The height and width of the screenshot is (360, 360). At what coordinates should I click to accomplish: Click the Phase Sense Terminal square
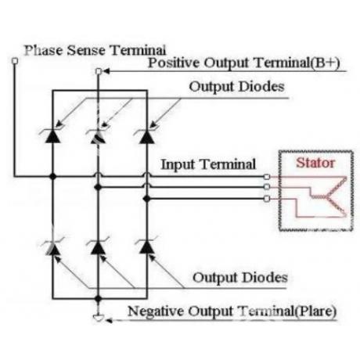(15, 61)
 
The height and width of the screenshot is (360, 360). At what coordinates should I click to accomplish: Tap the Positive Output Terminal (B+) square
(99, 71)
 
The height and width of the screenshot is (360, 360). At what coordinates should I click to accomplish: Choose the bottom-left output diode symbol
(52, 247)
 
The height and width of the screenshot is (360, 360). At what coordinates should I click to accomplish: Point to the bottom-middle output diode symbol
(98, 247)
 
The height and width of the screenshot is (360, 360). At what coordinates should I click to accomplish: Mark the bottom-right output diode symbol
(146, 247)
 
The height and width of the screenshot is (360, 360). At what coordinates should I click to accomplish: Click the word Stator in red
(315, 163)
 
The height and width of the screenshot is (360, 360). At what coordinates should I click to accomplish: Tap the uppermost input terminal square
(267, 177)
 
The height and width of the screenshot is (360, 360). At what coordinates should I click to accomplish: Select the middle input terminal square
(267, 187)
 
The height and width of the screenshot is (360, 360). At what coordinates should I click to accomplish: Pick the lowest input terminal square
(267, 199)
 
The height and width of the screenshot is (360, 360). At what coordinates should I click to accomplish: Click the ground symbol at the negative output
(99, 318)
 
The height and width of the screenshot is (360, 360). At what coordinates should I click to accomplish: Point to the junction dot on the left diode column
(52, 177)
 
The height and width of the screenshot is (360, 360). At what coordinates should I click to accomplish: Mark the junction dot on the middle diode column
(98, 187)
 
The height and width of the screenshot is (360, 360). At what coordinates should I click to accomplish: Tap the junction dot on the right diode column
(146, 199)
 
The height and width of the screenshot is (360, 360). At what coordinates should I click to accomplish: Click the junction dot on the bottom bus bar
(98, 299)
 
